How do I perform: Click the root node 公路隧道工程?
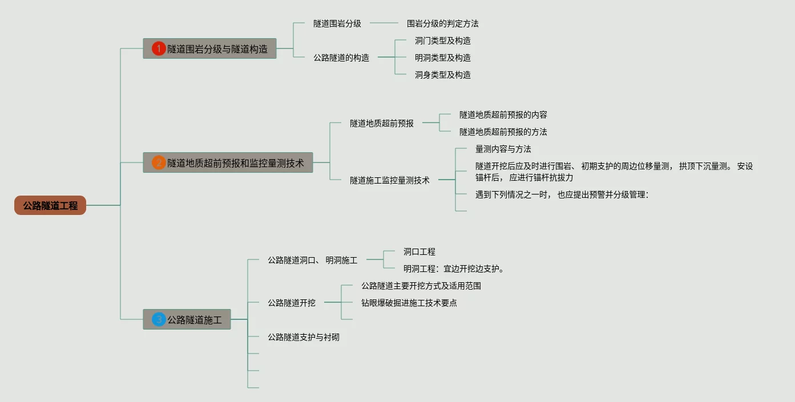point(50,205)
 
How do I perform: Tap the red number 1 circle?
point(159,49)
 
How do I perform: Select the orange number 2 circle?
point(159,163)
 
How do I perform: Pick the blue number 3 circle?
point(159,320)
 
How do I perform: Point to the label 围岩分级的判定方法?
point(442,23)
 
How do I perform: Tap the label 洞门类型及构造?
point(442,40)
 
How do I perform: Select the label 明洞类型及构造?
point(442,58)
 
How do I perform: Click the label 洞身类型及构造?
point(442,75)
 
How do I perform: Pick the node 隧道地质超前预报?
point(381,123)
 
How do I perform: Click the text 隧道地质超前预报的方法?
point(503,132)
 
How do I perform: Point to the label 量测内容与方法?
point(503,149)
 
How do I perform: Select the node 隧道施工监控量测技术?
point(389,180)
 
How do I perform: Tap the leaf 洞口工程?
point(419,251)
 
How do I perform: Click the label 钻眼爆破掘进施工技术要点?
point(409,303)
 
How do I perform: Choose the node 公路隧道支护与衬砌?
point(303,337)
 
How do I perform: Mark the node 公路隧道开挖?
point(291,303)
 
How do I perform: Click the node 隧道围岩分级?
point(337,23)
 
